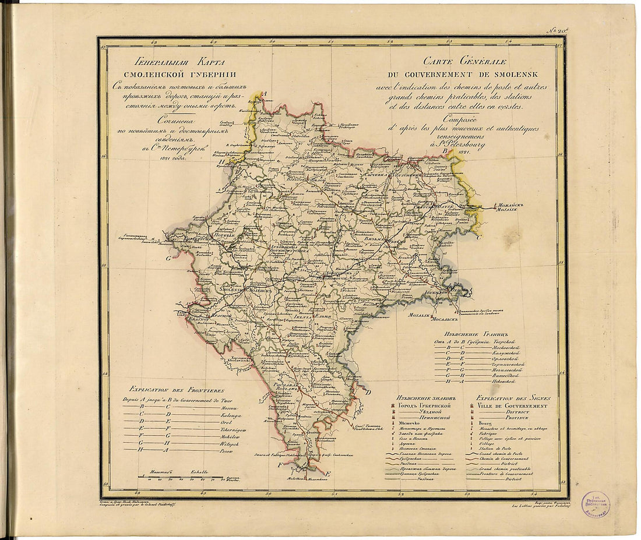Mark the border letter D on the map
368,391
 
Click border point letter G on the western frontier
168,257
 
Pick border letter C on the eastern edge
479,238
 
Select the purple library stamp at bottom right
595,503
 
